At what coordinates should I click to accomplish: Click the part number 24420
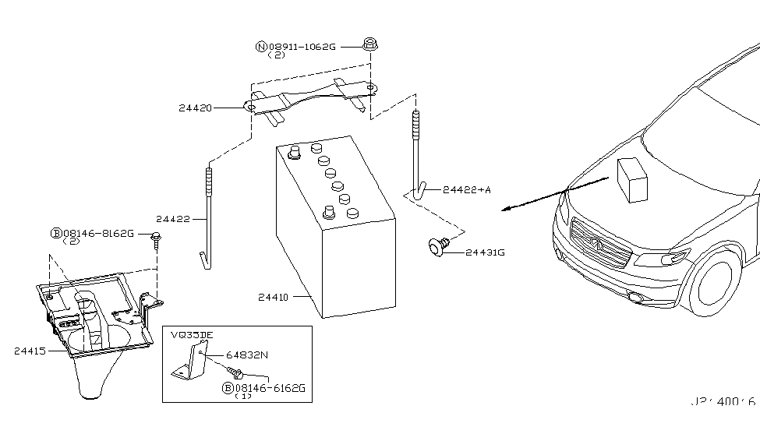(x=195, y=108)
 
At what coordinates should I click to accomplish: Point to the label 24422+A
(x=467, y=189)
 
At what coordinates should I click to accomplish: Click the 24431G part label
(x=486, y=252)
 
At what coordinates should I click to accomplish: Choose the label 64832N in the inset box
(x=246, y=355)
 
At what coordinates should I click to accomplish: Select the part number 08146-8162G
(x=98, y=233)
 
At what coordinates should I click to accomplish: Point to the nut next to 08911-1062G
(x=371, y=44)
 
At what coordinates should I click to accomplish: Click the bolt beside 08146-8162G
(x=157, y=238)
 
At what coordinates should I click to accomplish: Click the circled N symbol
(x=261, y=47)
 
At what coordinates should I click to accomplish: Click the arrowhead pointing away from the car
(x=507, y=209)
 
